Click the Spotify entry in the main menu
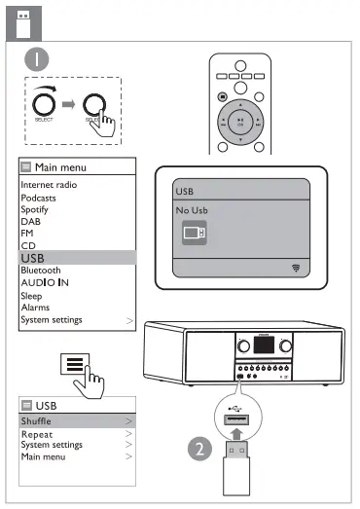(x=35, y=208)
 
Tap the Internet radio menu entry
(x=49, y=184)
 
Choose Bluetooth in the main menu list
(x=41, y=270)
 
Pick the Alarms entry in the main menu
(x=35, y=308)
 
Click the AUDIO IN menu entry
(x=46, y=282)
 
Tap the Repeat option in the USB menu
(x=37, y=434)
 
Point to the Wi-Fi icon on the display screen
(x=294, y=266)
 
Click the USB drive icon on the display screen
(x=195, y=232)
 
